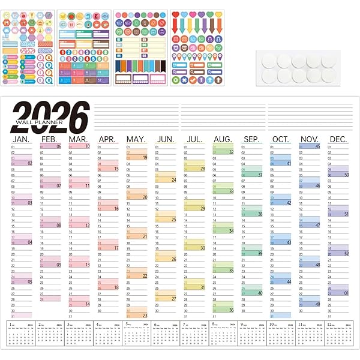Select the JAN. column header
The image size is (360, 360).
click(x=21, y=139)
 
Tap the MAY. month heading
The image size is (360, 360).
click(x=136, y=139)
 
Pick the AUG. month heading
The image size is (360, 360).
click(x=223, y=139)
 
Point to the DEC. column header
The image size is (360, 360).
click(x=338, y=139)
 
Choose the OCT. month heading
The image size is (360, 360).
click(x=280, y=139)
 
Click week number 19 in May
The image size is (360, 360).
click(x=145, y=157)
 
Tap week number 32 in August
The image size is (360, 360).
click(x=230, y=152)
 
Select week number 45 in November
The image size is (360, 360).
click(x=317, y=146)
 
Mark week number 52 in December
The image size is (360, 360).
click(x=346, y=253)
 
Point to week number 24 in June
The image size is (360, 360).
click(x=173, y=179)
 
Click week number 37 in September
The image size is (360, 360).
click(x=259, y=175)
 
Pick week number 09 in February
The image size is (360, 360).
click(x=58, y=265)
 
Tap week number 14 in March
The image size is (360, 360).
click(x=87, y=304)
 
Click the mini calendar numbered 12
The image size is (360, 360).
click(x=339, y=334)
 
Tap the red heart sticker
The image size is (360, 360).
click(x=175, y=14)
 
